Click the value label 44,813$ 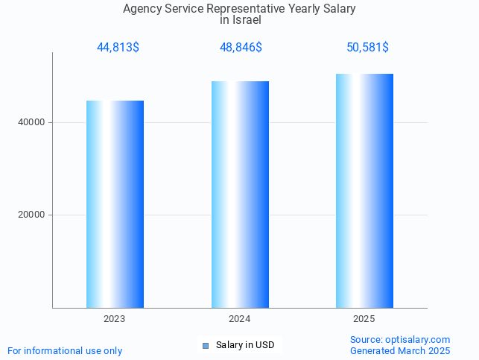(118, 48)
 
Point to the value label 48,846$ (241, 48)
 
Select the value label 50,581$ (367, 48)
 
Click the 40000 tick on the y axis (31, 122)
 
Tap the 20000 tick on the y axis (31, 215)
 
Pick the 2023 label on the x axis (115, 319)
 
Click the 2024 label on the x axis (240, 319)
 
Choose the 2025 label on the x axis (364, 319)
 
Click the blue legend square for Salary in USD (206, 345)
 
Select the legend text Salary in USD (245, 345)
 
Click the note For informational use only (65, 350)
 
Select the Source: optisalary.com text (400, 340)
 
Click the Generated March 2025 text (400, 350)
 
